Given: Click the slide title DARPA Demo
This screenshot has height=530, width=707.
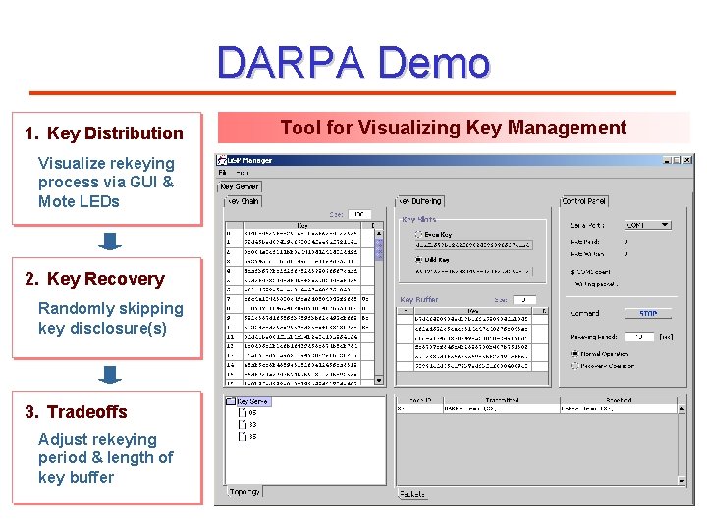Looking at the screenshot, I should click(x=353, y=63).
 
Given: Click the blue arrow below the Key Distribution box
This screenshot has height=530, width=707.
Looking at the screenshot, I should click(x=111, y=241).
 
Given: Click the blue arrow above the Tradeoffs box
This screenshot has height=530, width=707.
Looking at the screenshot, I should click(x=111, y=375).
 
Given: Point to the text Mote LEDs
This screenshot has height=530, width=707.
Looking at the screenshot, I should click(x=79, y=201).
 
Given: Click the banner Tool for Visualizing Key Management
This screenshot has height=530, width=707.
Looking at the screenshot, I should click(x=453, y=128).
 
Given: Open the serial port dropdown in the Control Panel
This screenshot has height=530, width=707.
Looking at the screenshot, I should click(x=665, y=225).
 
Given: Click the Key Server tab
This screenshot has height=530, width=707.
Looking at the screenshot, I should click(x=240, y=186).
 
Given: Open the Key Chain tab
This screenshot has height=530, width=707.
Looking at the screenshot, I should click(x=244, y=201).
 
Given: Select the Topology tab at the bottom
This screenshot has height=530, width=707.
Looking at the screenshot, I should click(x=245, y=491).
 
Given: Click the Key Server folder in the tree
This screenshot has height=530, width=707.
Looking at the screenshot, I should click(x=251, y=401).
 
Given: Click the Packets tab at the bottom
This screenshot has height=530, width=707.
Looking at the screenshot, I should click(x=412, y=494).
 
